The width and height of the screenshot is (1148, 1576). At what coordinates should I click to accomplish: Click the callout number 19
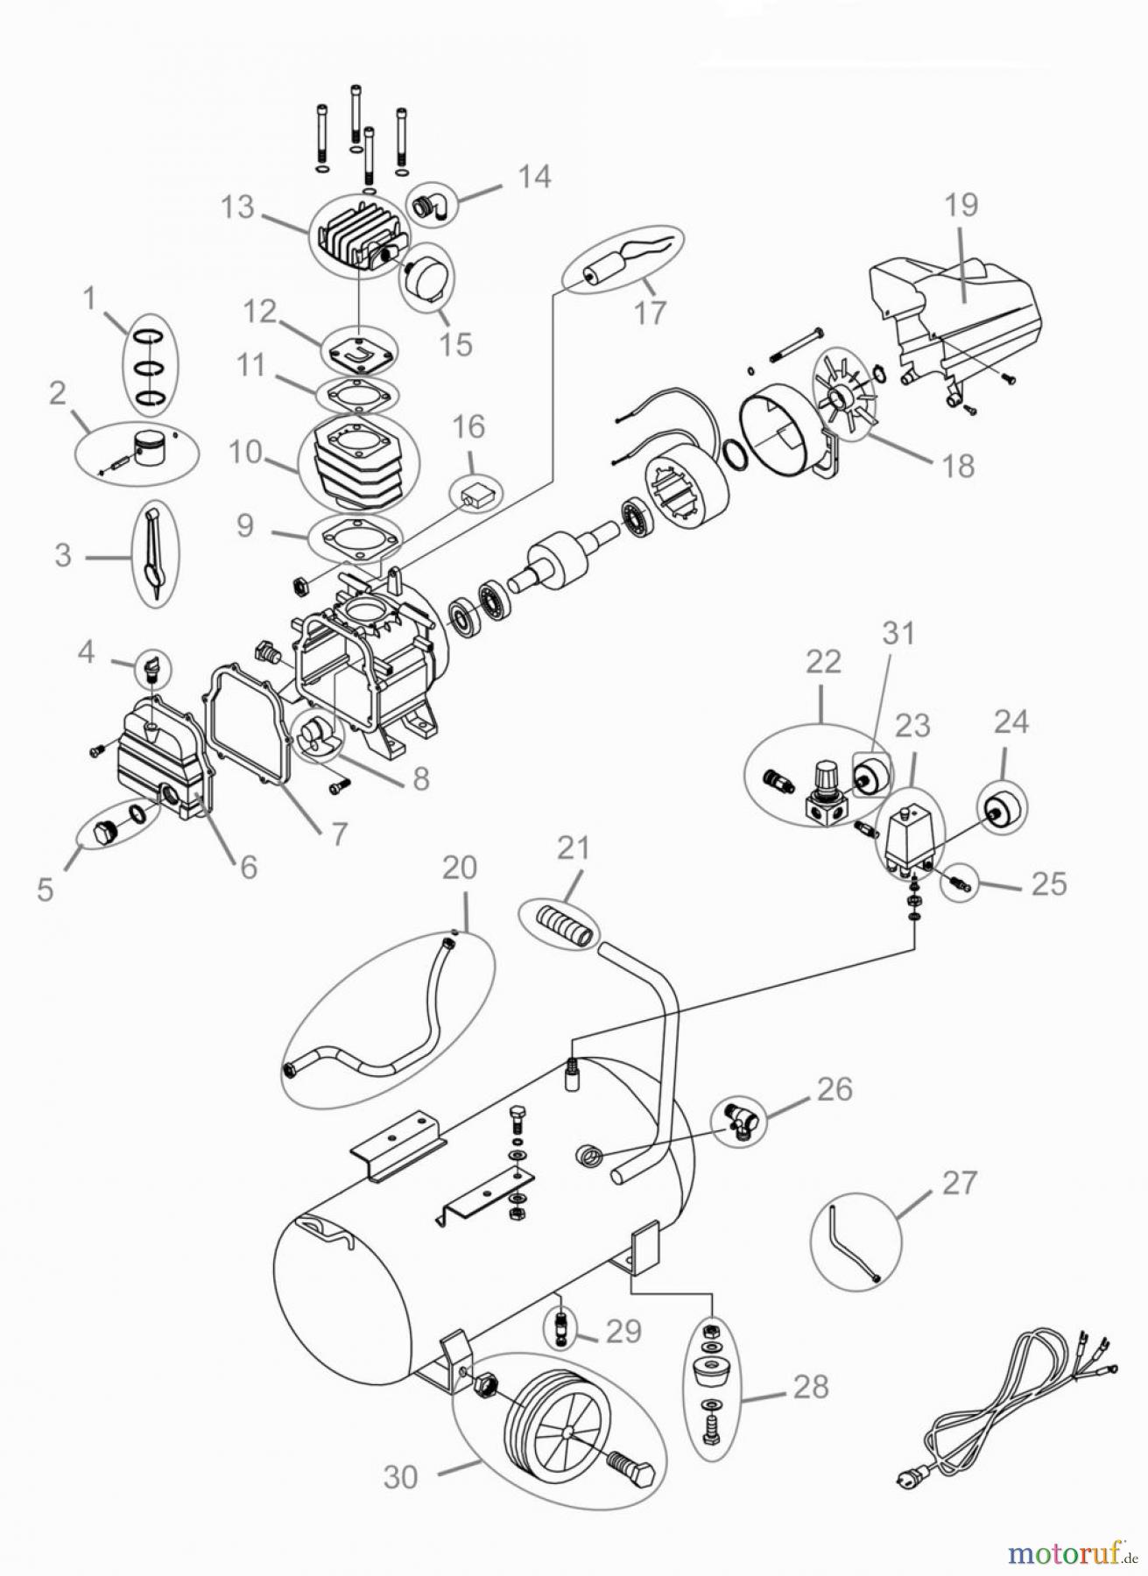point(961,205)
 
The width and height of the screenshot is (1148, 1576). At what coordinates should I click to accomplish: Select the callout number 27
point(959,1183)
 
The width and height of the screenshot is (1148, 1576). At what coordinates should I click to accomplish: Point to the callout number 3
point(62,555)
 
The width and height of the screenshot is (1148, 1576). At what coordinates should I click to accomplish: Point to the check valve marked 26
point(740,1120)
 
